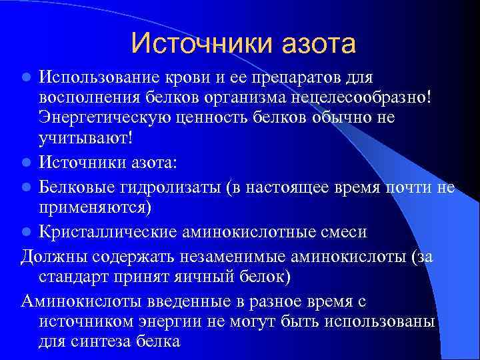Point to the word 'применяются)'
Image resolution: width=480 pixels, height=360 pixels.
point(95,207)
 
